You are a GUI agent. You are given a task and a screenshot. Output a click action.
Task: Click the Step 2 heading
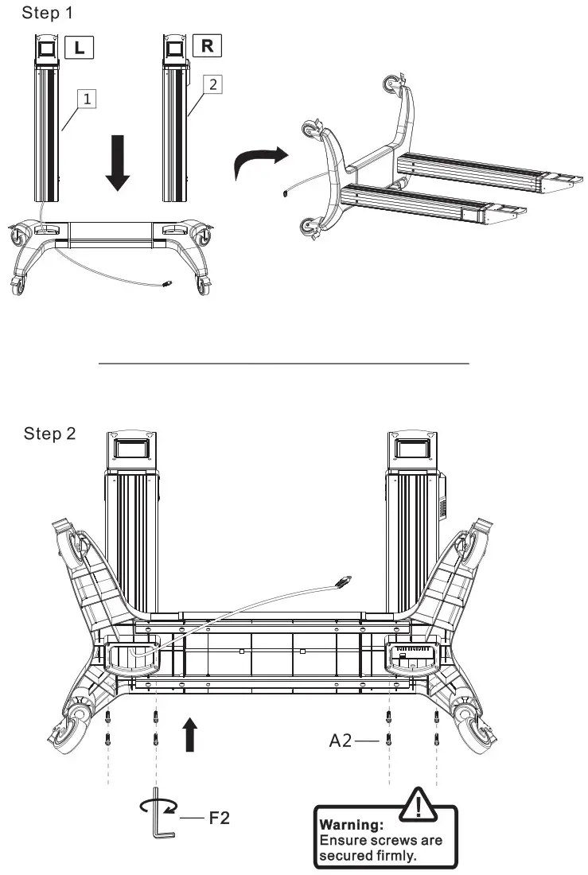[50, 434]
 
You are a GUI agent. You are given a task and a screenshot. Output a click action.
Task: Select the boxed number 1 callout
[88, 98]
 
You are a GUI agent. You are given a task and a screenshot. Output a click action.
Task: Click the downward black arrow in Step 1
[118, 163]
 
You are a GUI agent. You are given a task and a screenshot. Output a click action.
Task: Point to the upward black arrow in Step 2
[189, 733]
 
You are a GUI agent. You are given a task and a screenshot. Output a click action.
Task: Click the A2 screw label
[341, 741]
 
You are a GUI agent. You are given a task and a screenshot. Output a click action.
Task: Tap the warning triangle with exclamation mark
[417, 807]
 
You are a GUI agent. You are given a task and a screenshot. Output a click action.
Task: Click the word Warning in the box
[351, 824]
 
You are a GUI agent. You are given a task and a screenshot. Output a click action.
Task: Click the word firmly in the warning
[397, 856]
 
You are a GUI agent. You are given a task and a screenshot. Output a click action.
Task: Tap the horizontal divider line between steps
[284, 364]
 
